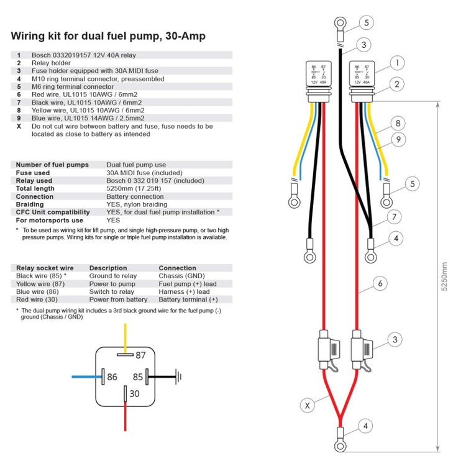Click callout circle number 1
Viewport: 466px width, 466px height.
pos(398,62)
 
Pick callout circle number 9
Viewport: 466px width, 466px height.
pos(398,140)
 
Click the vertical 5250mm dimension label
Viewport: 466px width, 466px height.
pos(443,276)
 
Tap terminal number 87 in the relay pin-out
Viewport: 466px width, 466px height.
pos(140,355)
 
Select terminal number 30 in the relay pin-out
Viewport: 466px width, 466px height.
pos(134,393)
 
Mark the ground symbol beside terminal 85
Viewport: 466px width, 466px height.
pos(178,376)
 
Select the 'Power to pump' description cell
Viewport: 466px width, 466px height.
pos(111,284)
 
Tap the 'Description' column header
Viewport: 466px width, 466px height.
pos(108,268)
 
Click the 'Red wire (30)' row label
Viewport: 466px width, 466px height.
pos(37,299)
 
